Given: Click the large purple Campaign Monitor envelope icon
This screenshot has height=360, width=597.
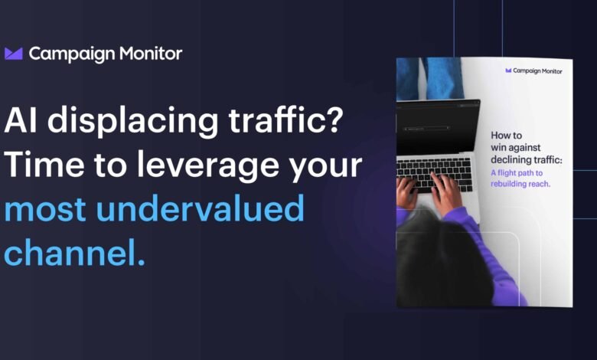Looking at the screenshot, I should click(14, 54).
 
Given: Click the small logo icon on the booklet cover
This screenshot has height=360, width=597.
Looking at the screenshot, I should click(509, 71).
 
